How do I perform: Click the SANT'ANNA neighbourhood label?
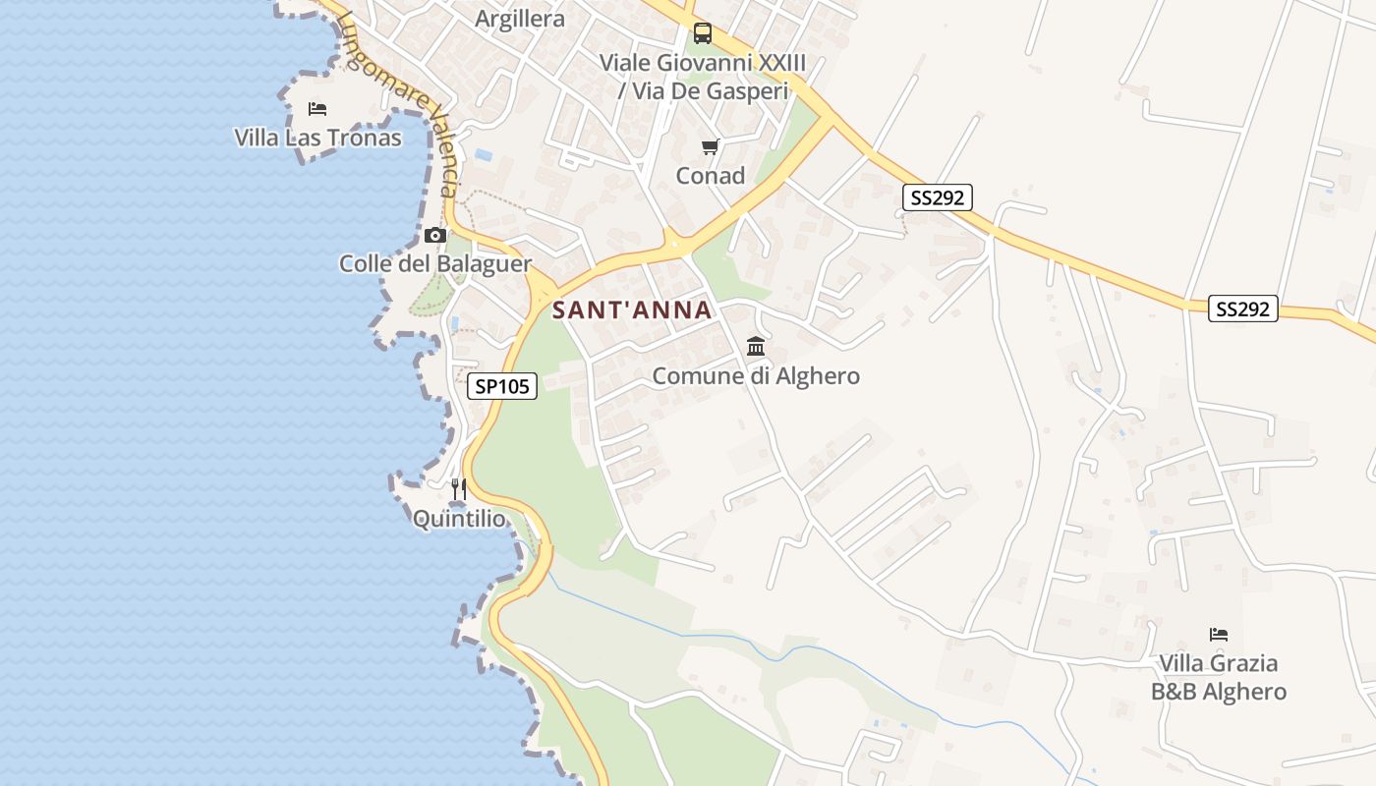tap(631, 310)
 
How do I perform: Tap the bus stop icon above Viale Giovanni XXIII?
tap(702, 33)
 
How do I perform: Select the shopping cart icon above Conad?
tap(710, 147)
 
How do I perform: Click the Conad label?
tap(710, 177)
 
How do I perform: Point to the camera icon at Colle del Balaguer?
tap(434, 236)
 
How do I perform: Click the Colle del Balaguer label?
tap(434, 263)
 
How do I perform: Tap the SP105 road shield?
tap(501, 387)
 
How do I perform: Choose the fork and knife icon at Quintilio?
tap(458, 488)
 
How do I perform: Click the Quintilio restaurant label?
tap(458, 519)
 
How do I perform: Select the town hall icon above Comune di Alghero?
tap(756, 346)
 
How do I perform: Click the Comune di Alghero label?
tap(756, 376)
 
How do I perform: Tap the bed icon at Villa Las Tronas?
tap(316, 108)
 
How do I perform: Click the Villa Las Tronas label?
tap(317, 138)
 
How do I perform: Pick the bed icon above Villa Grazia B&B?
tap(1219, 635)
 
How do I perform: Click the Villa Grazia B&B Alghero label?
tap(1219, 677)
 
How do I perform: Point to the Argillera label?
tap(520, 19)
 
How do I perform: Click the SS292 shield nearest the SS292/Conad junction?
tap(937, 198)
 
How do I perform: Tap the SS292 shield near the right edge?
tap(1242, 309)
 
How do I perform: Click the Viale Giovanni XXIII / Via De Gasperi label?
tap(702, 77)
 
